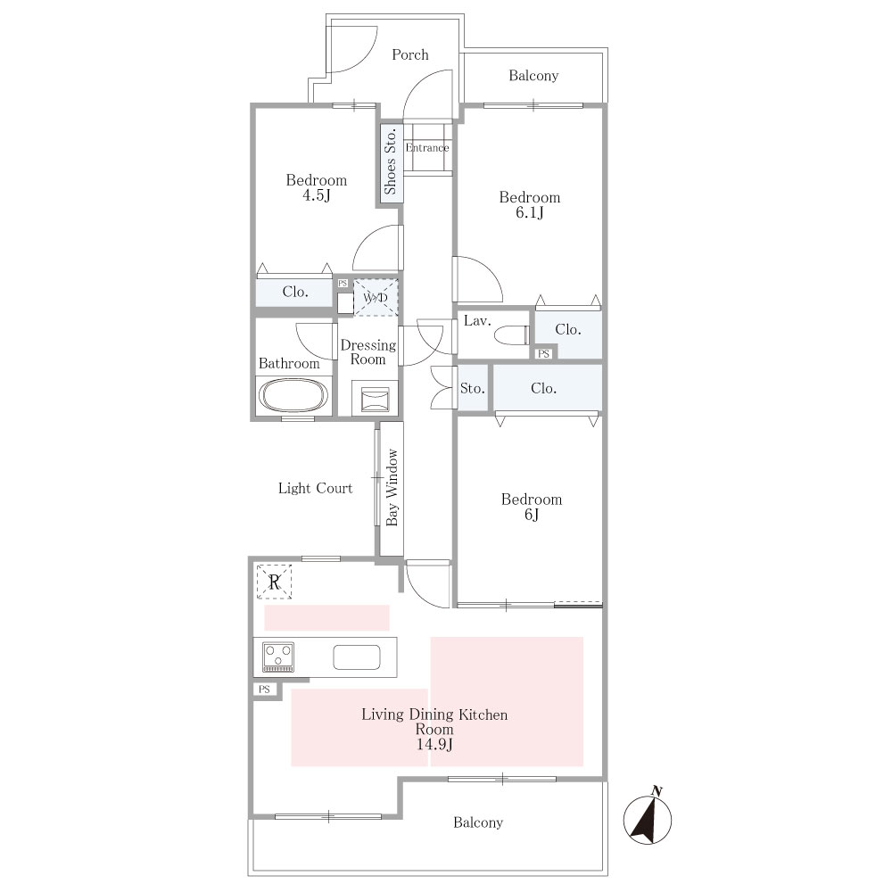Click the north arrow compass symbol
pyautogui.click(x=648, y=818)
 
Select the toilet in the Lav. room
pyautogui.click(x=512, y=335)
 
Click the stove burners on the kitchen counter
pyautogui.click(x=278, y=657)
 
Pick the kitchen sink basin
pyautogui.click(x=357, y=657)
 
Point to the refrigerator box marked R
pyautogui.click(x=274, y=582)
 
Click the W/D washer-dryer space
pyautogui.click(x=376, y=298)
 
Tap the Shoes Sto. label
pyautogui.click(x=391, y=162)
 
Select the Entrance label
pyautogui.click(x=427, y=148)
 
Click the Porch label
pyautogui.click(x=410, y=54)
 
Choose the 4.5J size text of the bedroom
pyautogui.click(x=317, y=195)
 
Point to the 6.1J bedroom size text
pyautogui.click(x=530, y=213)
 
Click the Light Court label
pyautogui.click(x=315, y=488)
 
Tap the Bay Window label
pyautogui.click(x=392, y=488)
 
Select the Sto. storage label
pyautogui.click(x=472, y=389)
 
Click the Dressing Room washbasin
pyautogui.click(x=375, y=398)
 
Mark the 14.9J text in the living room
pyautogui.click(x=434, y=745)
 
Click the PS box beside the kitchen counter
pyautogui.click(x=265, y=690)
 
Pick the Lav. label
pyautogui.click(x=477, y=321)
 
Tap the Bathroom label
pyautogui.click(x=289, y=364)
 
